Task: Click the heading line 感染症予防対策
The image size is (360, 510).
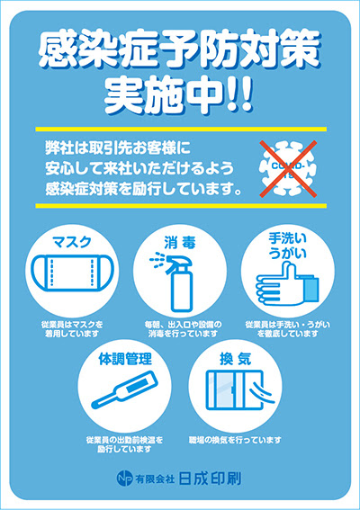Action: point(180,56)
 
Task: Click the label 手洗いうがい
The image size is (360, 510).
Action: point(288,247)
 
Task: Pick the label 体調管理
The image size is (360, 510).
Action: point(125,359)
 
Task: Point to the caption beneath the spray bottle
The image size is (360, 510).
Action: point(179,328)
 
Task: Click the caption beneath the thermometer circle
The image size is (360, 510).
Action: point(125,444)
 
